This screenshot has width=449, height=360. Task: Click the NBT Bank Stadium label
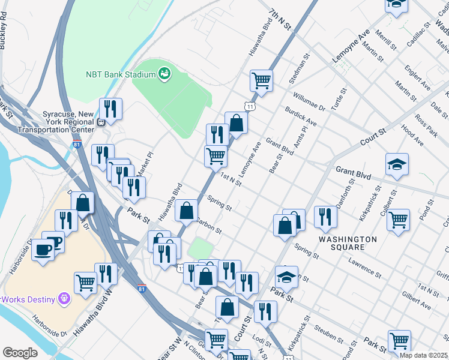point(119,74)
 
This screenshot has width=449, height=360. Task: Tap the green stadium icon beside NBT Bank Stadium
point(164,74)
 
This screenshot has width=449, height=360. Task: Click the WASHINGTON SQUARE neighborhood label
point(348,243)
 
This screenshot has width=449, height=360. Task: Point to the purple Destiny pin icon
point(62,298)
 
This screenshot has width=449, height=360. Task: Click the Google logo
point(20,353)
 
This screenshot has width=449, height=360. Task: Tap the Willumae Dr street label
point(309,102)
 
